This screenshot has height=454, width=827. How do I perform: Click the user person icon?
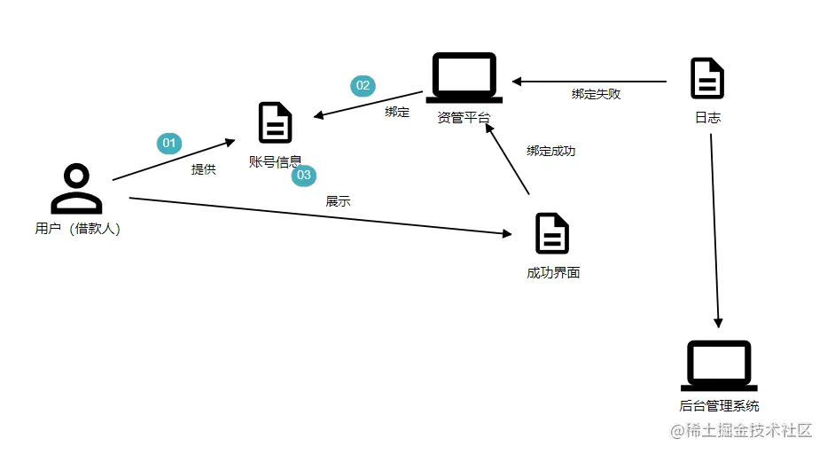[76, 189]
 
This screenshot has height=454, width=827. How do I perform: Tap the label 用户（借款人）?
[77, 229]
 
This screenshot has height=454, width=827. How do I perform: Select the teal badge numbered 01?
[168, 143]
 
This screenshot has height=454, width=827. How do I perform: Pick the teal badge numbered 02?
[363, 85]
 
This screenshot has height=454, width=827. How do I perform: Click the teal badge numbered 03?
[304, 175]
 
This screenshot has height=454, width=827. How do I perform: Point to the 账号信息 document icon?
[275, 123]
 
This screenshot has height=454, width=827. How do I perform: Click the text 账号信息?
[275, 161]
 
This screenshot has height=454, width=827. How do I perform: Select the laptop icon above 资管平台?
[464, 78]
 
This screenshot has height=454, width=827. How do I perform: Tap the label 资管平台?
[464, 118]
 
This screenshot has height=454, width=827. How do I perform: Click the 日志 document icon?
[707, 78]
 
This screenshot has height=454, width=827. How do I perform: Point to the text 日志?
[707, 117]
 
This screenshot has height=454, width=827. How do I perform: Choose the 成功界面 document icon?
[552, 233]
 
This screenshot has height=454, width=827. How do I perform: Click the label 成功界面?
[553, 272]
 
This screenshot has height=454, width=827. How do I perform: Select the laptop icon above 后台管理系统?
[719, 365]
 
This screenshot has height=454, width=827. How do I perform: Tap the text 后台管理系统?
[719, 406]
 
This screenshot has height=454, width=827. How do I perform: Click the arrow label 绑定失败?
[596, 94]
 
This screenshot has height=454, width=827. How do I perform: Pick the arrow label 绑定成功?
[550, 151]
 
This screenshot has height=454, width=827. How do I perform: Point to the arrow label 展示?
[338, 201]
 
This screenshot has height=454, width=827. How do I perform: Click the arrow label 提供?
[203, 168]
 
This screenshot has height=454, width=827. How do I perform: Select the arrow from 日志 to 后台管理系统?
[714, 231]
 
